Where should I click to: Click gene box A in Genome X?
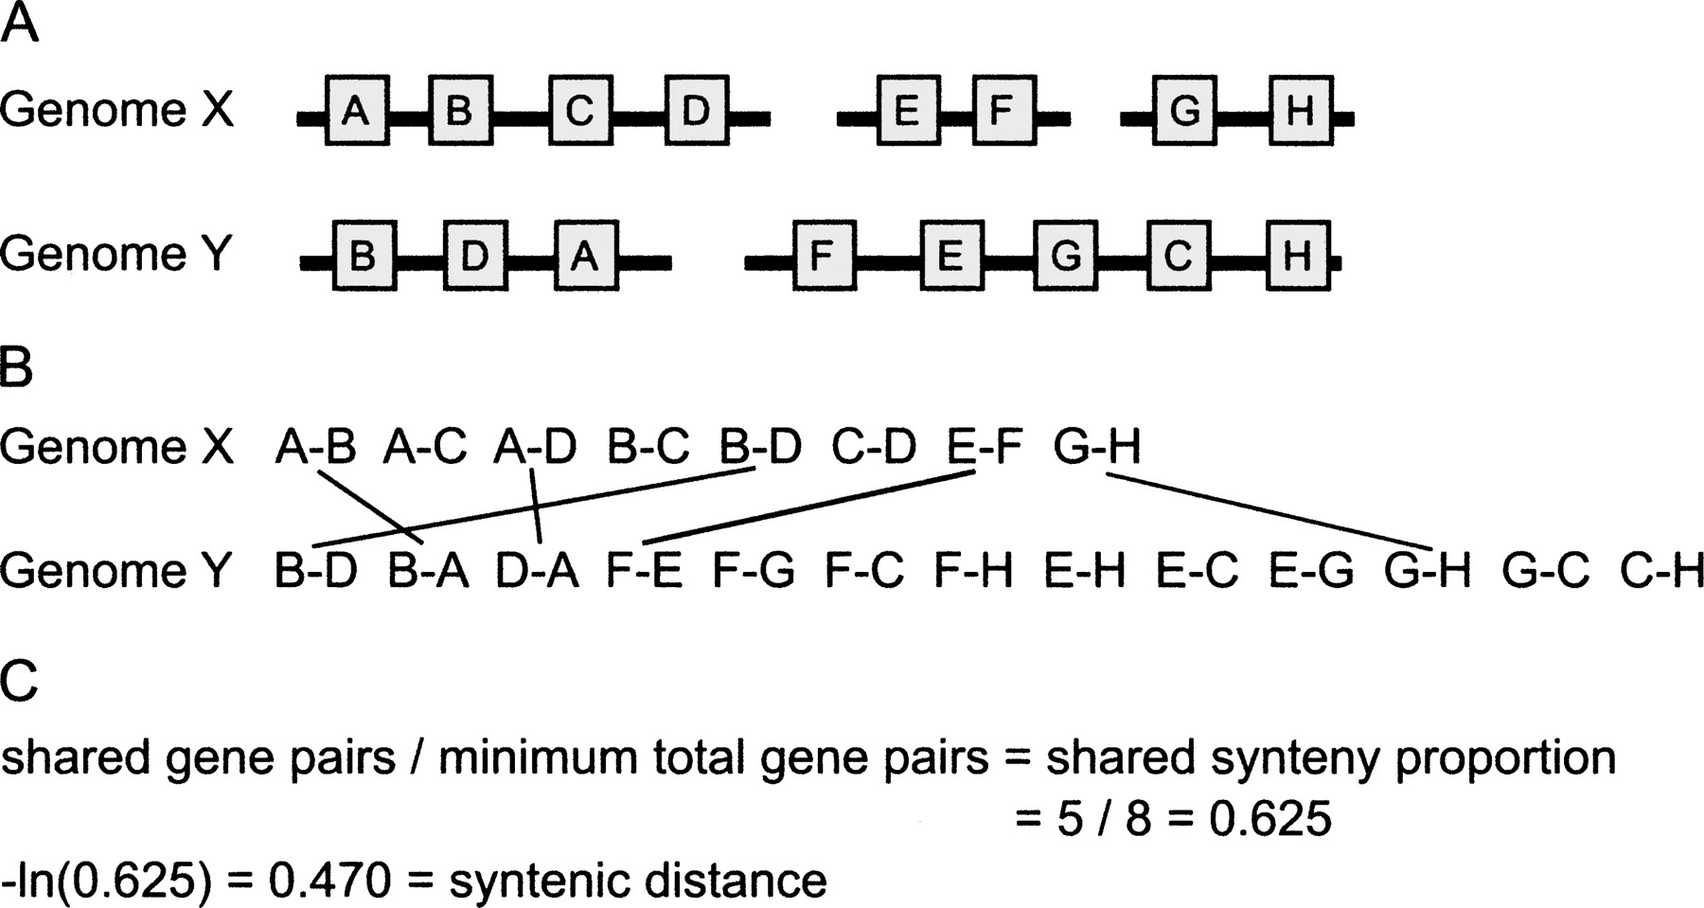click(x=356, y=111)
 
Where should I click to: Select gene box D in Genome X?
click(x=696, y=111)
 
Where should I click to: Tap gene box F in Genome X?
click(x=1003, y=111)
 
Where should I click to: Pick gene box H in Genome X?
click(x=1300, y=111)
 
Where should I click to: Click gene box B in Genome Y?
click(x=364, y=255)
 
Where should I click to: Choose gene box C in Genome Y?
click(x=1179, y=255)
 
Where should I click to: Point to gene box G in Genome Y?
click(x=1067, y=255)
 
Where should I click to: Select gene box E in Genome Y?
click(x=950, y=255)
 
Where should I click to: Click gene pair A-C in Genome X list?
click(x=425, y=447)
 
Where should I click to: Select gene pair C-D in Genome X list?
click(x=874, y=447)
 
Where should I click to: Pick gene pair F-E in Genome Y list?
click(x=645, y=570)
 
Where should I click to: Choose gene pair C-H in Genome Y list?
click(x=1661, y=570)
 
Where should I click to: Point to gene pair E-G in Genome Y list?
click(x=1312, y=570)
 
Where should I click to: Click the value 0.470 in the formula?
click(x=329, y=881)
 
